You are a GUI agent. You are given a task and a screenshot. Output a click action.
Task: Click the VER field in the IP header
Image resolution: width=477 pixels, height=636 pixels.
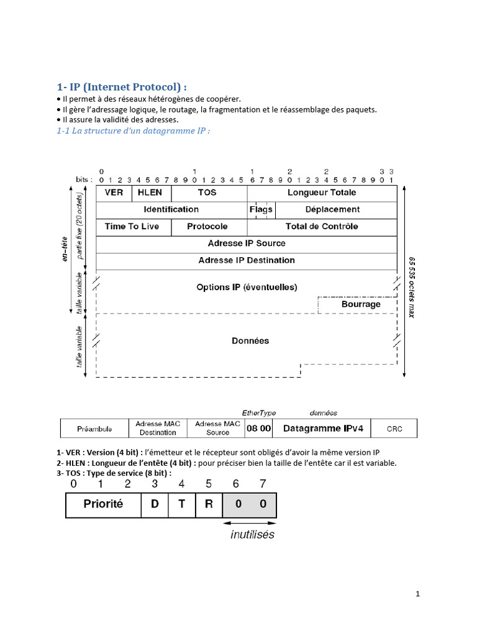tap(114, 193)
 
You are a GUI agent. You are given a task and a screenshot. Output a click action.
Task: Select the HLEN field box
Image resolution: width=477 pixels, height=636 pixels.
tap(150, 193)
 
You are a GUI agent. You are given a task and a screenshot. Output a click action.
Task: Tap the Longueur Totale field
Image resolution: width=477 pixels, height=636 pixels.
tap(322, 193)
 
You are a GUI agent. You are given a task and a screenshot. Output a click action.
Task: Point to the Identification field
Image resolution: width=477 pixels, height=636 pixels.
tap(171, 210)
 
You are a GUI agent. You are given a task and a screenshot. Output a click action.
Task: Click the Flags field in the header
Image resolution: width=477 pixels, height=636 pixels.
tap(261, 210)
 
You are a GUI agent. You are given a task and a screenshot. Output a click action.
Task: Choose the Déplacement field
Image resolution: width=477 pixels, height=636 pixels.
tap(332, 210)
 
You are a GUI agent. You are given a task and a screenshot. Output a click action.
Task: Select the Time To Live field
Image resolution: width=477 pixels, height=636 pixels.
tap(132, 227)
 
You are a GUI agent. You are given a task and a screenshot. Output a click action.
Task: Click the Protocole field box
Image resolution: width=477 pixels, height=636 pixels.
tap(207, 227)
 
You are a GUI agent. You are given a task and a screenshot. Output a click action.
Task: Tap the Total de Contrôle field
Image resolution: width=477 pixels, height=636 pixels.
tap(322, 227)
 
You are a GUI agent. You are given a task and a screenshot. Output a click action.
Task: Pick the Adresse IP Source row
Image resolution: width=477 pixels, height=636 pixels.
tap(247, 243)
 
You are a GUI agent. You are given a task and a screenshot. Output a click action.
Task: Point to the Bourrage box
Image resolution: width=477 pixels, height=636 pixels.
tap(361, 305)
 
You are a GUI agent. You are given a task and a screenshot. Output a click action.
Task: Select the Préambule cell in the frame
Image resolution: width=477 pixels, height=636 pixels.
tap(94, 429)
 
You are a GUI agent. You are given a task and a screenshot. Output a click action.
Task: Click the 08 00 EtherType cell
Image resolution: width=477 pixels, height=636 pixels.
tap(258, 429)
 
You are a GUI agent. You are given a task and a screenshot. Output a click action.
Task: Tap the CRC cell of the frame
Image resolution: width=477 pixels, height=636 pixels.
tap(394, 429)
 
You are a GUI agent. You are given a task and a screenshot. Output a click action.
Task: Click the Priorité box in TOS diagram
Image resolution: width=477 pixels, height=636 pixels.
tap(103, 505)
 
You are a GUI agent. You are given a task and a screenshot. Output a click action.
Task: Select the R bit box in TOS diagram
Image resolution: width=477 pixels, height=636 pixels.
tap(209, 505)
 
